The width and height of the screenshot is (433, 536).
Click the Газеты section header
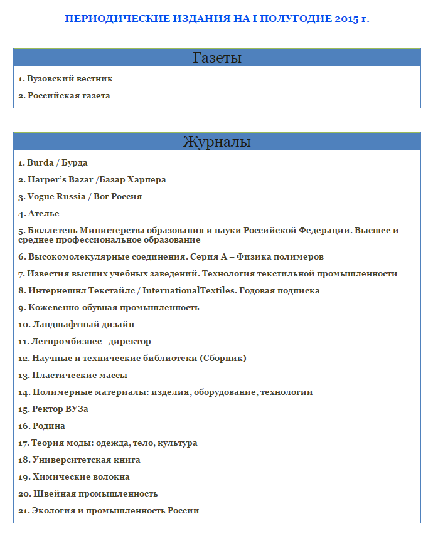[216, 58]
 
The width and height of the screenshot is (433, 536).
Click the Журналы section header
[216, 142]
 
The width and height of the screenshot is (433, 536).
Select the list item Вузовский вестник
[65, 79]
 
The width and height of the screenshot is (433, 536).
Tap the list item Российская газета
[64, 96]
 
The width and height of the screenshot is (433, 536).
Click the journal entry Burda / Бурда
[53, 163]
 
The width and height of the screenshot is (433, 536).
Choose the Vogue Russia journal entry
[80, 197]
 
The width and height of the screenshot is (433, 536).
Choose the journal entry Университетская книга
[79, 460]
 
